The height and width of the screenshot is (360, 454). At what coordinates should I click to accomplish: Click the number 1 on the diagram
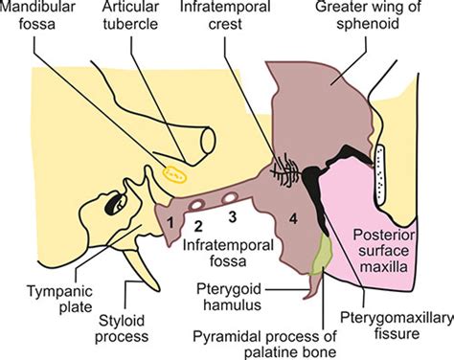coord(168,222)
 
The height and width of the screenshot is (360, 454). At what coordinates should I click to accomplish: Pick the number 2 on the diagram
coord(198,226)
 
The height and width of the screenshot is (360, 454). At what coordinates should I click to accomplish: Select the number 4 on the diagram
coord(293,218)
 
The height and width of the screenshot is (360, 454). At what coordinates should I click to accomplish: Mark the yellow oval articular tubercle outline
coord(174,173)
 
